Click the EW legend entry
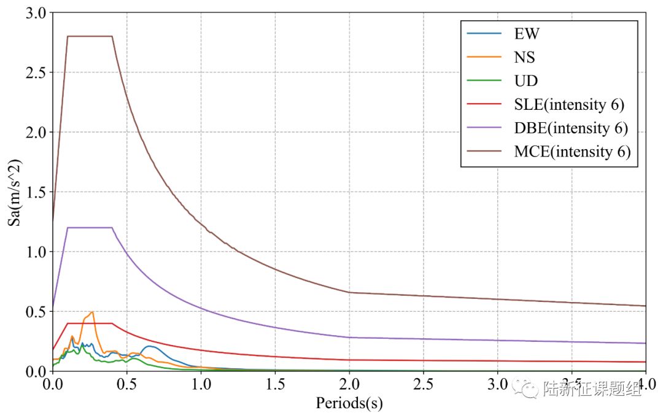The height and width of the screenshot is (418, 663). [x=527, y=33]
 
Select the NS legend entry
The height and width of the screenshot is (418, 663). [x=525, y=57]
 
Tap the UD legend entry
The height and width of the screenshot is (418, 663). [x=525, y=81]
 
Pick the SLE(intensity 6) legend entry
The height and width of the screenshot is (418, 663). [x=569, y=104]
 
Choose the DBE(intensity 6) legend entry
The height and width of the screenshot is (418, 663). [x=571, y=128]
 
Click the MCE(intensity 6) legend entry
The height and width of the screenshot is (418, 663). [x=572, y=152]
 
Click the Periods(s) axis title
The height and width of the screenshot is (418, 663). [x=349, y=403]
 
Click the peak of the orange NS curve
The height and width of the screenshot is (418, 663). [x=92, y=312]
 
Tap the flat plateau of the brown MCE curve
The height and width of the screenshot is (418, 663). [x=90, y=36]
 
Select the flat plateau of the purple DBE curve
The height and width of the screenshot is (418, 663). [x=90, y=228]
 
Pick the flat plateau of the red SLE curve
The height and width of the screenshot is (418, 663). [x=90, y=323]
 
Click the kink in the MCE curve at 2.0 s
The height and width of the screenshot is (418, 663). [x=349, y=292]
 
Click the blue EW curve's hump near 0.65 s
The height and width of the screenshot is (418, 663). [x=150, y=347]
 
